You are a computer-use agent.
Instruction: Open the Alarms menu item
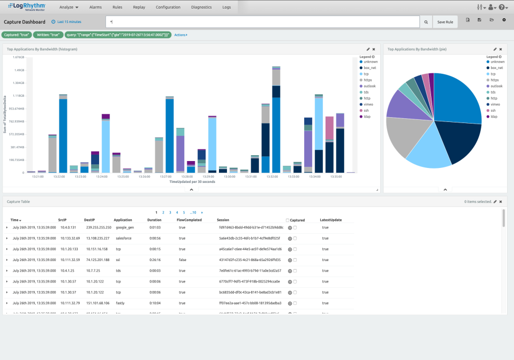point(96,7)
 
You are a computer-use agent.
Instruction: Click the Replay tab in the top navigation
point(139,7)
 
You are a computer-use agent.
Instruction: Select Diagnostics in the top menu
point(201,7)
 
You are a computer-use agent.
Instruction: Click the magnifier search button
point(426,22)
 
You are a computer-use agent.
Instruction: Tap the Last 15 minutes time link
point(67,22)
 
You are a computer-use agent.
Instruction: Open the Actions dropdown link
point(180,35)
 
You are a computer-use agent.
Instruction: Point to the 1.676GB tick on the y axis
point(18,57)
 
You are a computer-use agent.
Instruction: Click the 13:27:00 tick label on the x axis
point(166,176)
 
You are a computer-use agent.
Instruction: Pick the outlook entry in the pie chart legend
point(496,86)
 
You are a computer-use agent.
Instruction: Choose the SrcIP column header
point(62,220)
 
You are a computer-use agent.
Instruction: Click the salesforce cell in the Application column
point(124,238)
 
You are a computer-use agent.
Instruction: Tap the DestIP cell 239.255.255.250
point(96,227)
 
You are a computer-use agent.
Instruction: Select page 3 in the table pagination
point(170,212)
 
